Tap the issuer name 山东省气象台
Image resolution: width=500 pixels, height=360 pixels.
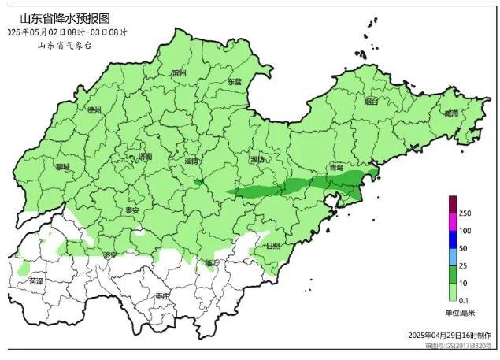(x=65, y=46)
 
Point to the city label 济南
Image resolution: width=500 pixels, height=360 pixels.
(x=145, y=157)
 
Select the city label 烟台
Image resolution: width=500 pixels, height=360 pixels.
(x=371, y=102)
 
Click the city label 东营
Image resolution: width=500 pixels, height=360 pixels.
(x=235, y=81)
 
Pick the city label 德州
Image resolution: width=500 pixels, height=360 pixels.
(x=94, y=109)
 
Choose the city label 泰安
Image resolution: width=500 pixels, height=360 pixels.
(x=131, y=210)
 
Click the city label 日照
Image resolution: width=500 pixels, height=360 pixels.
(x=272, y=246)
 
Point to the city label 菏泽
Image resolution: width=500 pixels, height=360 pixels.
(x=36, y=280)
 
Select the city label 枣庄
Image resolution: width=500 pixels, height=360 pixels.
(x=162, y=295)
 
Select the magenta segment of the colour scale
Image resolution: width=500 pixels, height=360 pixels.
(x=452, y=221)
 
